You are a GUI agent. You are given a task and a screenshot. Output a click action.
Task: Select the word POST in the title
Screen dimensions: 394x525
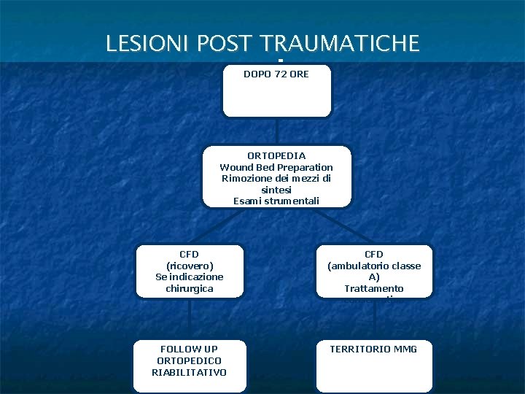click(x=230, y=44)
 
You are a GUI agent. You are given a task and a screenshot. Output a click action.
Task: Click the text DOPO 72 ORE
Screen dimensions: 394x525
click(x=276, y=74)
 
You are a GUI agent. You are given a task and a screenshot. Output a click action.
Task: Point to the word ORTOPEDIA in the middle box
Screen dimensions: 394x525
click(x=276, y=155)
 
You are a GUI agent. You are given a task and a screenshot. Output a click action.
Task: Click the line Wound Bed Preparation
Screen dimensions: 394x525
click(x=276, y=167)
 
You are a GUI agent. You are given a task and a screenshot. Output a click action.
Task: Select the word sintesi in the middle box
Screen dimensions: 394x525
click(x=276, y=190)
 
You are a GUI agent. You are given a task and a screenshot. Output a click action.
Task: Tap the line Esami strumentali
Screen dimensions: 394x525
click(x=276, y=201)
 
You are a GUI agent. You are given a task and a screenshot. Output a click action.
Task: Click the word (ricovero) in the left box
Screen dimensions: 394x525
click(x=190, y=266)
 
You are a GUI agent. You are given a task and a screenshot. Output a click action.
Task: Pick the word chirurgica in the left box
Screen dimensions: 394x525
click(x=190, y=289)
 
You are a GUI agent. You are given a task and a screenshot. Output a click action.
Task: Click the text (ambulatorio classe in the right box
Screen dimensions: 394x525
click(x=374, y=266)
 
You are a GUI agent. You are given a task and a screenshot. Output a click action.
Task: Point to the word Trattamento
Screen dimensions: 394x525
click(x=374, y=289)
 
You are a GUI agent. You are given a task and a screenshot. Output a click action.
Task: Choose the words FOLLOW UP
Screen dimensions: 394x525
click(x=189, y=349)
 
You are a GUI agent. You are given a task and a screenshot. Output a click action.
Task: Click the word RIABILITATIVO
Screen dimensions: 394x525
click(x=189, y=372)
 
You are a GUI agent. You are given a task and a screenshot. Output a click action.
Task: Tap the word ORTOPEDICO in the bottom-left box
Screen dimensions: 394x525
click(x=189, y=360)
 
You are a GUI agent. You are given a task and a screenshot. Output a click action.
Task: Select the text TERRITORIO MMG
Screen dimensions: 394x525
click(x=373, y=349)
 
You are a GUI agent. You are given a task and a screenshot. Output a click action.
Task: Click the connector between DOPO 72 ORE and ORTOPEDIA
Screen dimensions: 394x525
click(x=277, y=131)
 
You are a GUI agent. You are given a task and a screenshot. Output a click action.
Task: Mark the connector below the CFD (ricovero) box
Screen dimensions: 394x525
click(x=190, y=319)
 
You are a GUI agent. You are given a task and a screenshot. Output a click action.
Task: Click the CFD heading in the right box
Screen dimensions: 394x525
click(x=374, y=254)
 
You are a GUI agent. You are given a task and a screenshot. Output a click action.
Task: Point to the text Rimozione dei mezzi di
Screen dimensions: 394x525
click(x=276, y=179)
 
